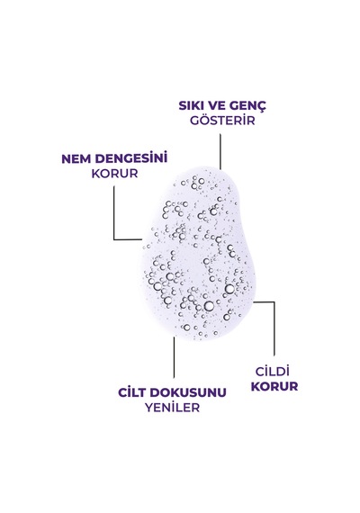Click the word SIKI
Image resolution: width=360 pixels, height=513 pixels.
click(x=190, y=105)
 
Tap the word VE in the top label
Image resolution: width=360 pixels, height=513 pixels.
click(x=213, y=105)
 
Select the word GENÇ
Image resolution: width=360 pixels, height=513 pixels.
click(x=247, y=106)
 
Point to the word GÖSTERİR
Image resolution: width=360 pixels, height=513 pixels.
click(x=222, y=120)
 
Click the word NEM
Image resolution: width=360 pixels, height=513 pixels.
click(x=76, y=159)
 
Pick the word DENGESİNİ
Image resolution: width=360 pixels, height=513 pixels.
click(x=131, y=157)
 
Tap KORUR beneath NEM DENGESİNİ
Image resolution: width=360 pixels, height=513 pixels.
click(x=114, y=174)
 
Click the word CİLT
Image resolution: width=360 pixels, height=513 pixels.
click(x=134, y=391)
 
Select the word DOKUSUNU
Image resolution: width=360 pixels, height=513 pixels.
click(x=190, y=392)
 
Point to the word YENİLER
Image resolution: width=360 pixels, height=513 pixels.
click(x=173, y=407)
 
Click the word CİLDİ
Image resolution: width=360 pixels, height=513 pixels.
click(x=273, y=371)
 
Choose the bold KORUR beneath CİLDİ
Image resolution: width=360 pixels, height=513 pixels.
click(x=274, y=386)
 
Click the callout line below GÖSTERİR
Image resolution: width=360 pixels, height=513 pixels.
click(x=220, y=151)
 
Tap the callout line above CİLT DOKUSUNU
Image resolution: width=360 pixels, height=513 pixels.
click(x=174, y=357)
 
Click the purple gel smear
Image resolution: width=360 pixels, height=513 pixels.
click(x=198, y=254)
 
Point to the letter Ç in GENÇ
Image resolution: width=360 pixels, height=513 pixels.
click(x=262, y=106)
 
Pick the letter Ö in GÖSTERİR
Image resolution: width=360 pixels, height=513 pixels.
click(x=203, y=120)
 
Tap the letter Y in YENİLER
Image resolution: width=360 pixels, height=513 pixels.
click(x=148, y=408)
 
